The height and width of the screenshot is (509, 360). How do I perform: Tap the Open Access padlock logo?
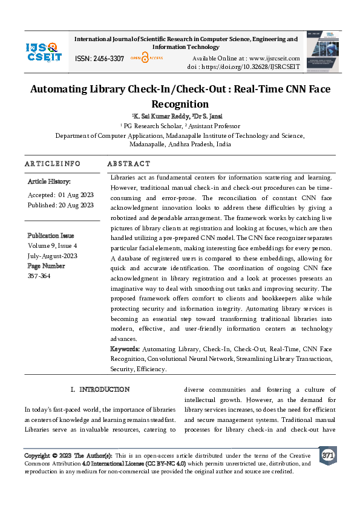coord(144,58)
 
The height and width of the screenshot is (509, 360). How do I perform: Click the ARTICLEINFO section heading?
coord(52,164)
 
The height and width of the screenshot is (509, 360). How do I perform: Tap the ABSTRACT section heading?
coord(128,164)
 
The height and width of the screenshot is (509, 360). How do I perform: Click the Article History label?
coord(49,181)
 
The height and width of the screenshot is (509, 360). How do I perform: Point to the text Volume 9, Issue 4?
coord(53,247)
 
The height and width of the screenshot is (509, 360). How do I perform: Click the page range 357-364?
coord(40,276)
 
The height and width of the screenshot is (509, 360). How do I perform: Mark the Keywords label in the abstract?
coord(125,349)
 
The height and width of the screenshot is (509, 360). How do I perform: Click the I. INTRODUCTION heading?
coord(100,389)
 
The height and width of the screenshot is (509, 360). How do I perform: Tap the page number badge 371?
coord(328,455)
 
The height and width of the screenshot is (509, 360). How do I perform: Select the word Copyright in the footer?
coord(36,455)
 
